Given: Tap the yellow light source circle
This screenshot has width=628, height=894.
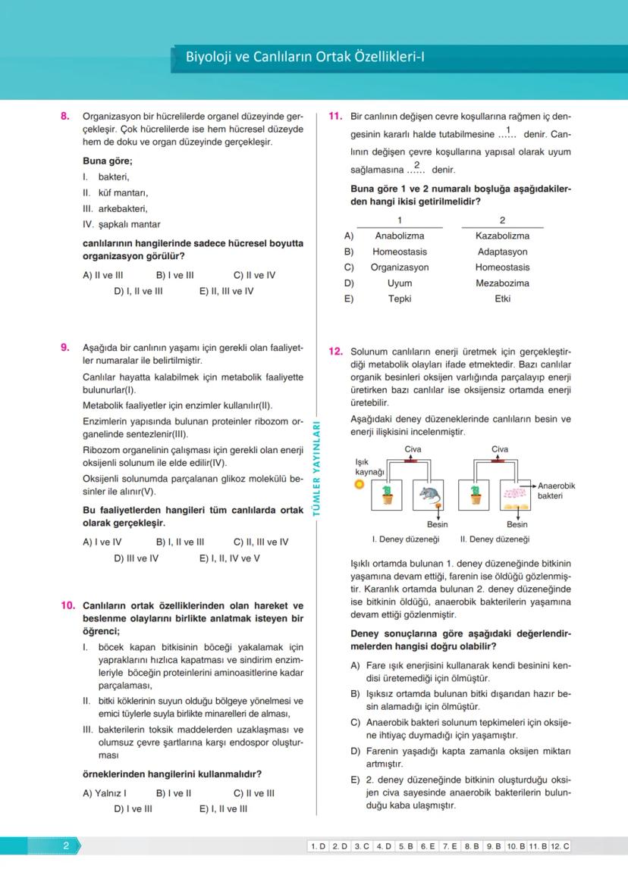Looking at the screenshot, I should point(360,484).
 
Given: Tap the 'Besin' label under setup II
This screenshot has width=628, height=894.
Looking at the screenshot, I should point(517,524).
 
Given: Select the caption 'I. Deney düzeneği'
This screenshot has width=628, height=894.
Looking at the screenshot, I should point(406,539).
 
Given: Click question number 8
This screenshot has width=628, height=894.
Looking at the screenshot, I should point(65,117).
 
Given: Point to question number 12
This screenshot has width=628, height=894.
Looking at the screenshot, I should point(336,352).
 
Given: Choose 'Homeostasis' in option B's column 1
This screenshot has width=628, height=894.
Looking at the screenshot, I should point(400,252).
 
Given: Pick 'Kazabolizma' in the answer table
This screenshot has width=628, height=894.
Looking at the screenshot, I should point(502,236).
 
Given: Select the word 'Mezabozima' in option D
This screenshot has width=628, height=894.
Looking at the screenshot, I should point(502,283).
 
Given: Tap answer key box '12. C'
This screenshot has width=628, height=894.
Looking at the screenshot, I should point(560,846).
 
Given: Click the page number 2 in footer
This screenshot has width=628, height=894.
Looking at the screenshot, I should point(66,846).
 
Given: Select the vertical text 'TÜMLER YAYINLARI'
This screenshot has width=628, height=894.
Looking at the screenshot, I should point(317,470).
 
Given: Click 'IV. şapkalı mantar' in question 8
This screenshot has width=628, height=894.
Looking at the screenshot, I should point(121,224).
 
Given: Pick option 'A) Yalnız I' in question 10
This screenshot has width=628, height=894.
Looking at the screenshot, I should point(104,793).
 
